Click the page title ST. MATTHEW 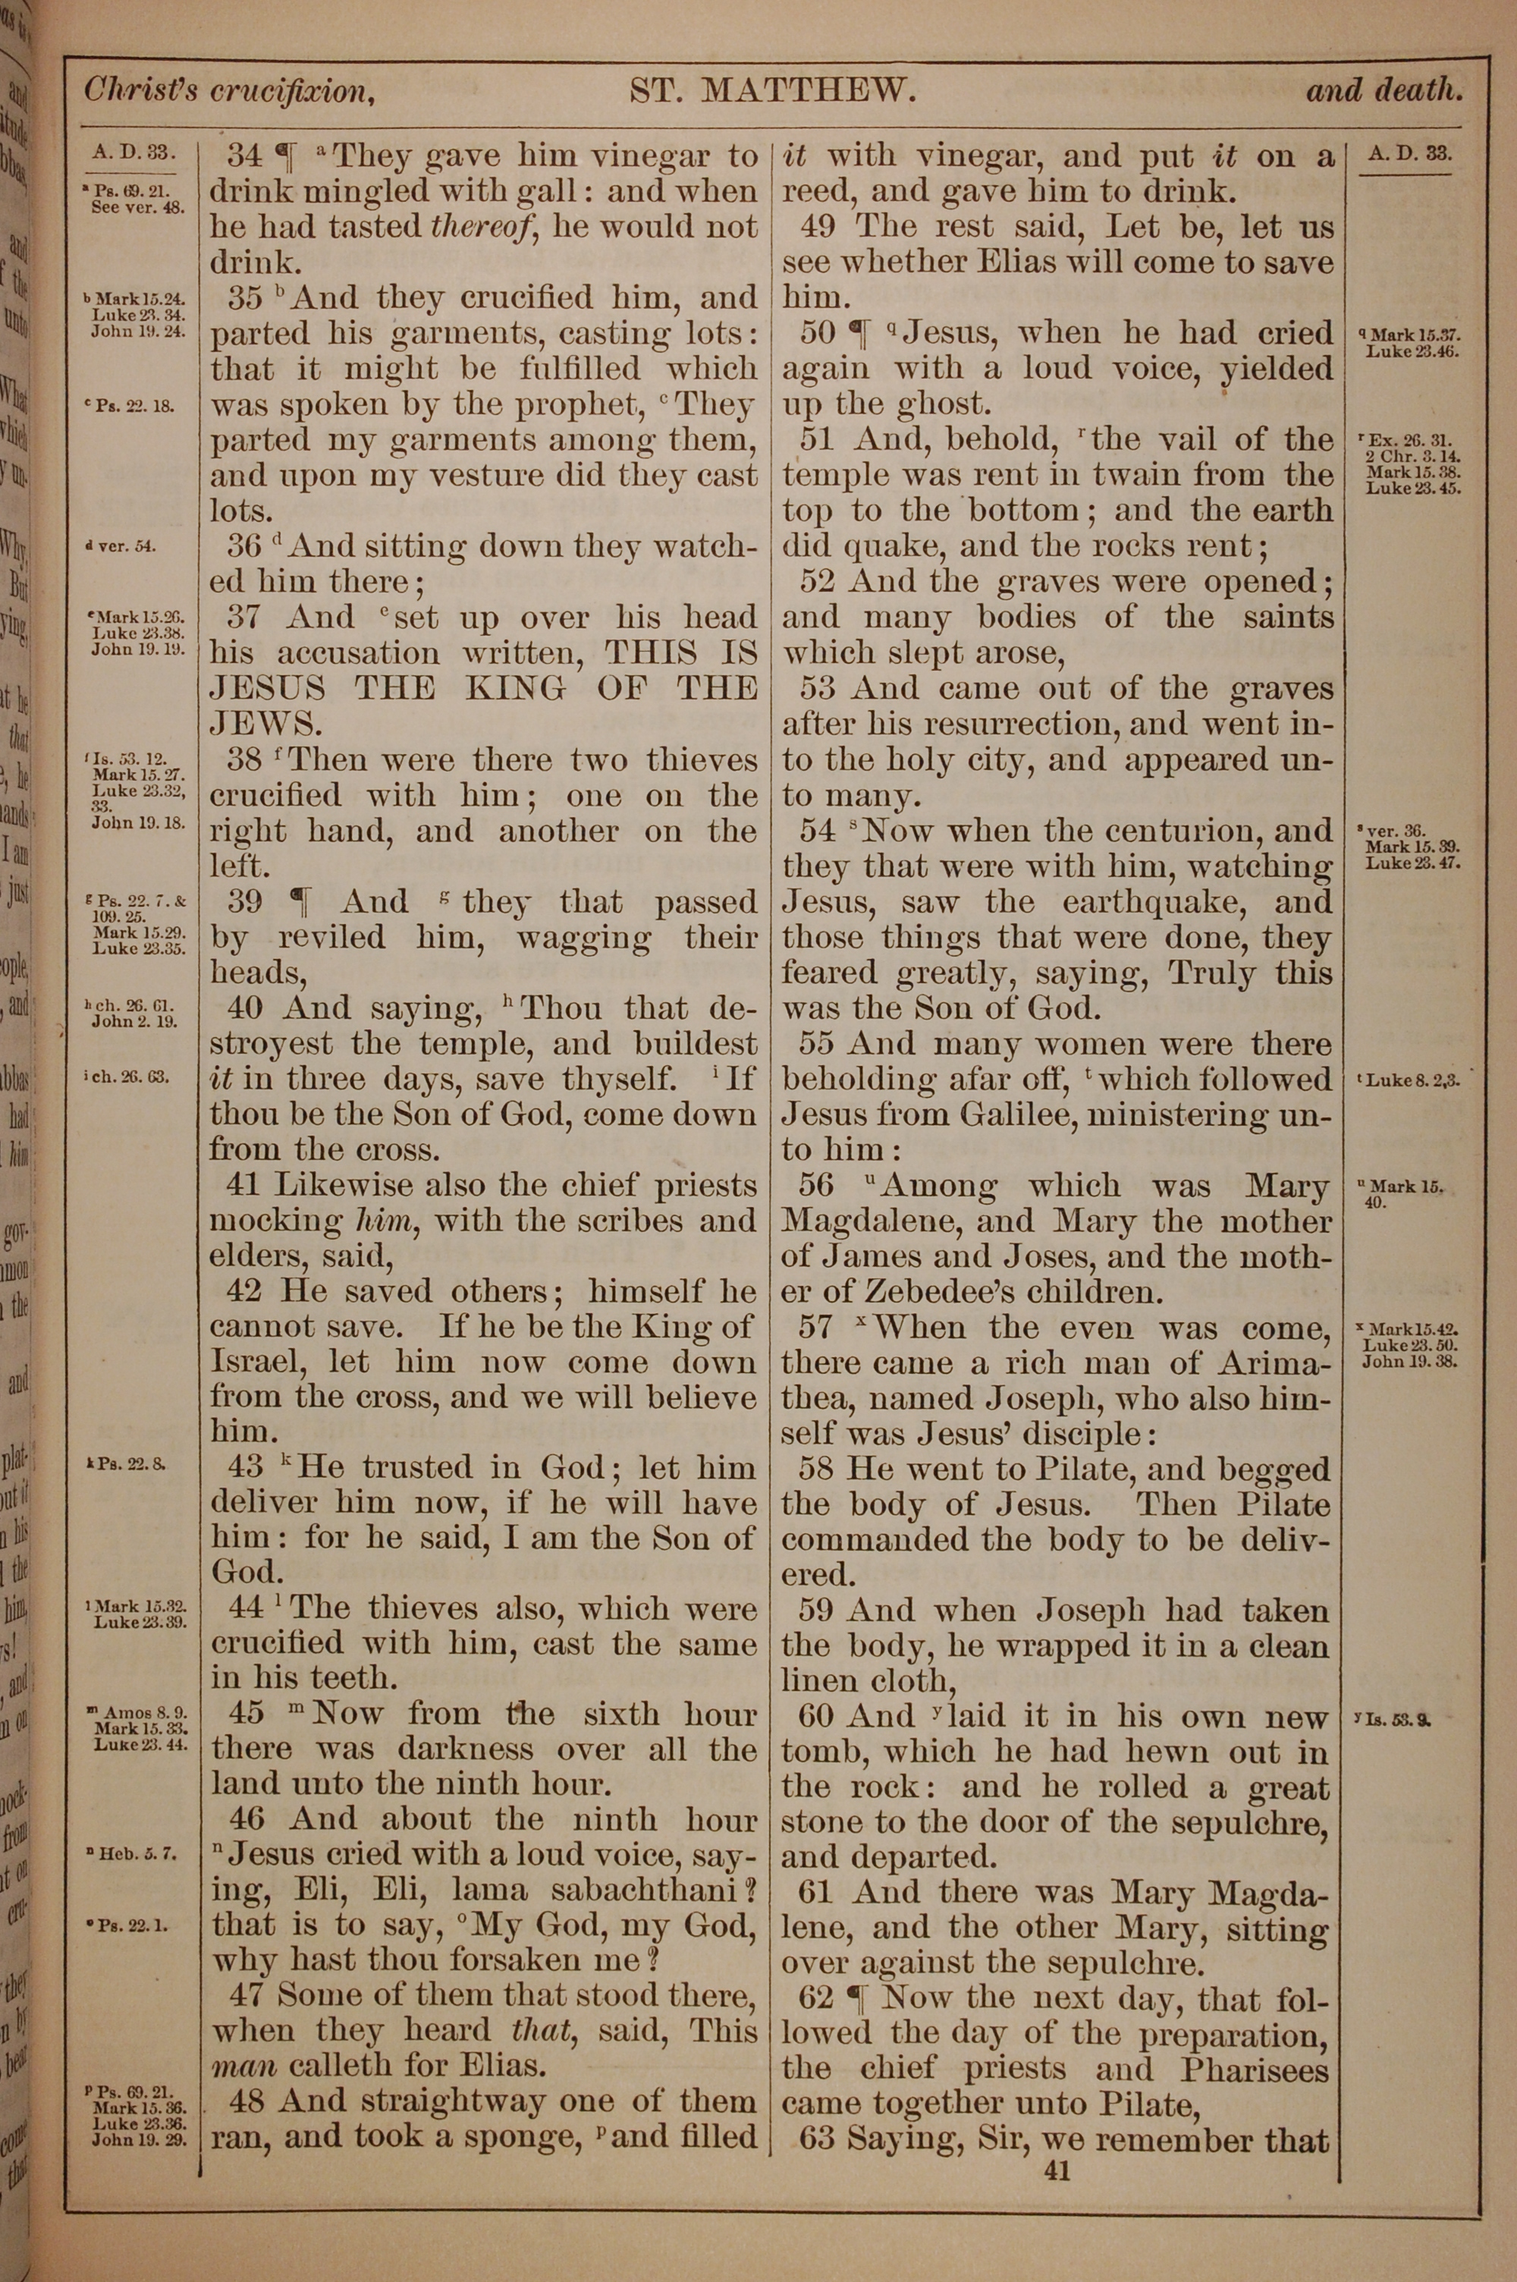pyautogui.click(x=772, y=91)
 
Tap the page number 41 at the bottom pyautogui.click(x=1057, y=2170)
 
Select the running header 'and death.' pyautogui.click(x=1384, y=91)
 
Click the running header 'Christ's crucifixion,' pyautogui.click(x=229, y=91)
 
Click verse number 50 pyautogui.click(x=818, y=334)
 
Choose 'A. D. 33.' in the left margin pyautogui.click(x=130, y=151)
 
